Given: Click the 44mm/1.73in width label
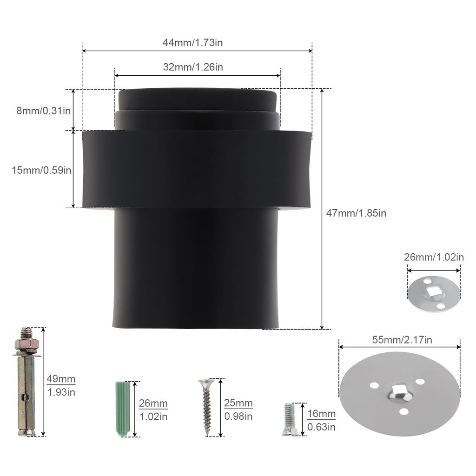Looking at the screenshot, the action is pyautogui.click(x=192, y=42).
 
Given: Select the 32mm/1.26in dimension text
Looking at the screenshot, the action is pyautogui.click(x=193, y=67).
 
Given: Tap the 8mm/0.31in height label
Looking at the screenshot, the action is pyautogui.click(x=43, y=111).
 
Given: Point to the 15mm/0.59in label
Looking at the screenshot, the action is pyautogui.click(x=41, y=170).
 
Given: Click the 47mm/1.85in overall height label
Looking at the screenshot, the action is pyautogui.click(x=356, y=213).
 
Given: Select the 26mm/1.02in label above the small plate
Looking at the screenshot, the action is pyautogui.click(x=434, y=257).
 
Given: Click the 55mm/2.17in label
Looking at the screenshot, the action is pyautogui.click(x=402, y=340).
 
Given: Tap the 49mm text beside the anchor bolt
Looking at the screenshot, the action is pyautogui.click(x=61, y=379).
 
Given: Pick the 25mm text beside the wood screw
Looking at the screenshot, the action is pyautogui.click(x=238, y=403).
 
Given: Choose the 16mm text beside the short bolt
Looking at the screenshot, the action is pyautogui.click(x=321, y=413).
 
